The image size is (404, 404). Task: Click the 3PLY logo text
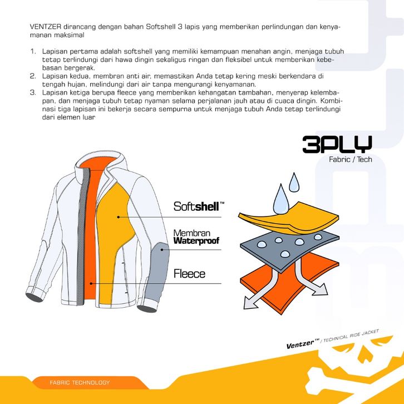[x=337, y=144]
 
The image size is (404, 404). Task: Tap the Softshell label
[x=199, y=206]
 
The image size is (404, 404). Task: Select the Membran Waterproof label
[x=196, y=237]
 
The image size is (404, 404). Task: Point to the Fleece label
[x=189, y=274]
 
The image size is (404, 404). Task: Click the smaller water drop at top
[x=294, y=184]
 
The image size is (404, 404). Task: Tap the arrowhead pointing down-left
[x=250, y=303]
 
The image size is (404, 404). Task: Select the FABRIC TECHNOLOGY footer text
[x=80, y=383]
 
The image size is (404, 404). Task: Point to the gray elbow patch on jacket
[x=157, y=270]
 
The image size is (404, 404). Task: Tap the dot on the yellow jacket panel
[x=119, y=217]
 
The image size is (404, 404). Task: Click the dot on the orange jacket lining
[x=91, y=283]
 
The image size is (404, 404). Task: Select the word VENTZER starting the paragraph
[x=45, y=27]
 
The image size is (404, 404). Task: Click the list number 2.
[x=33, y=76]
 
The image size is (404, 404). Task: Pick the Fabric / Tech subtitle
[x=351, y=160]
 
